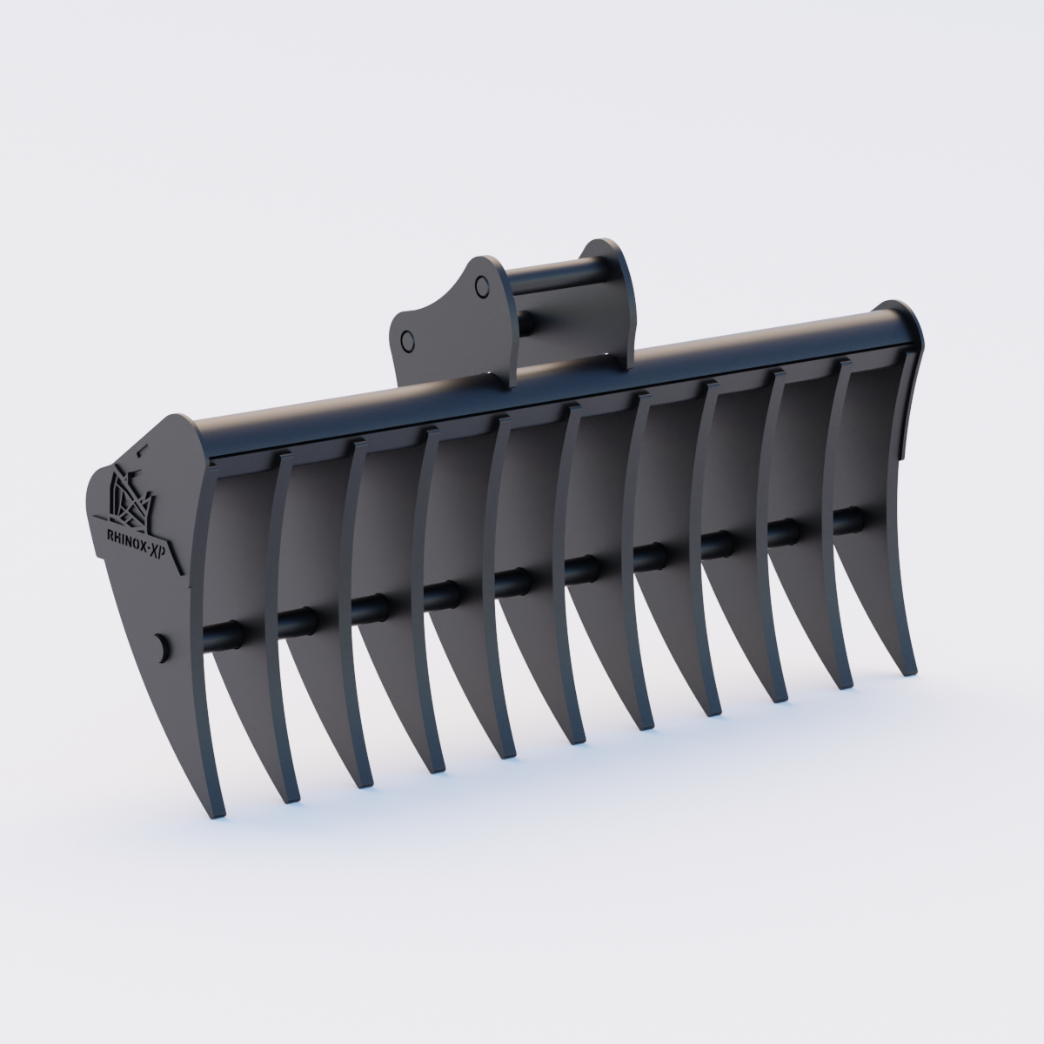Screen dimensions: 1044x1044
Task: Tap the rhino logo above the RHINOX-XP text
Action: click(x=129, y=494)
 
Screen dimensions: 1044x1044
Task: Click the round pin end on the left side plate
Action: click(x=159, y=646)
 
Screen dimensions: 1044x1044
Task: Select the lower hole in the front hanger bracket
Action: click(x=406, y=339)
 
